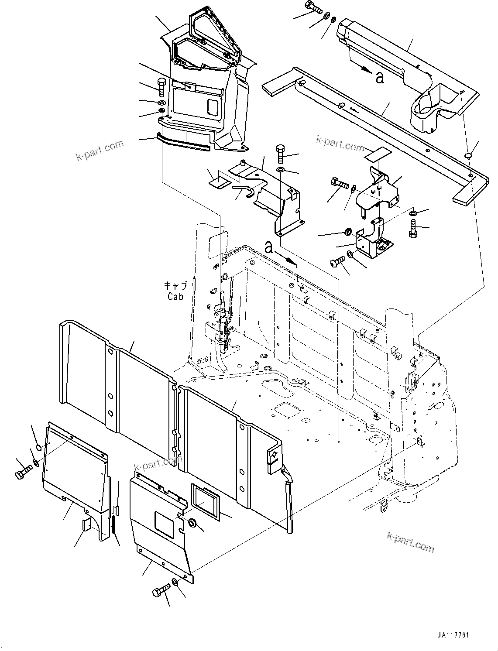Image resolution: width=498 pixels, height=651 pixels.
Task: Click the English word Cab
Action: click(x=175, y=297)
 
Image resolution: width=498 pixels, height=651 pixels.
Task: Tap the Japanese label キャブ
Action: click(x=175, y=286)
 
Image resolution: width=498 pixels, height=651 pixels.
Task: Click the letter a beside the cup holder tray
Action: click(x=380, y=78)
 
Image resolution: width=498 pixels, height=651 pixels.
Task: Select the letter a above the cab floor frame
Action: click(x=269, y=248)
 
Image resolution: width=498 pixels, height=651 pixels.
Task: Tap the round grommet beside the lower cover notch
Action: click(x=192, y=522)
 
